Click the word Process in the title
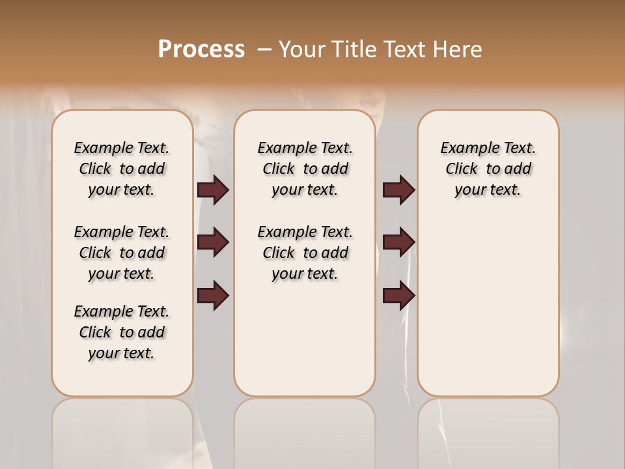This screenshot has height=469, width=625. click(201, 50)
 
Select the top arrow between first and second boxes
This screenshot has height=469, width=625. click(213, 190)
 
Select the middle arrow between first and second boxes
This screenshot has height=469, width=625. click(213, 242)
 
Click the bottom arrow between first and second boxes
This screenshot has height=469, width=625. click(213, 296)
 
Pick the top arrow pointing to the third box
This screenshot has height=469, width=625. click(398, 190)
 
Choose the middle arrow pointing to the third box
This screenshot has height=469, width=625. click(398, 242)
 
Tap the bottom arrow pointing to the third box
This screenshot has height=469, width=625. click(398, 296)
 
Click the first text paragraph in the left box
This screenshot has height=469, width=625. click(122, 169)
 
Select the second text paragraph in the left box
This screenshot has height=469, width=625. click(122, 253)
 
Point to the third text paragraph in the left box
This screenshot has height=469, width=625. click(122, 332)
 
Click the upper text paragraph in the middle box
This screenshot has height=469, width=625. click(305, 169)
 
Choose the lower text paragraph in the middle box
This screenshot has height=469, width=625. click(305, 253)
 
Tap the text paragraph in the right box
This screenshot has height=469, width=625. click(488, 169)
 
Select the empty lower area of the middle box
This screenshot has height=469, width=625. click(305, 339)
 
